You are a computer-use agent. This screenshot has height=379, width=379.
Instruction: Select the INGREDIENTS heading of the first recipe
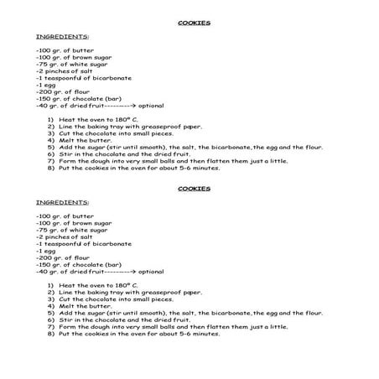[x=63, y=37]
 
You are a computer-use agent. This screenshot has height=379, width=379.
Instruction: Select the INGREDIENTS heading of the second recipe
[x=63, y=202]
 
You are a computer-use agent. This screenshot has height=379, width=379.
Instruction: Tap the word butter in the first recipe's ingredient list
[x=83, y=50]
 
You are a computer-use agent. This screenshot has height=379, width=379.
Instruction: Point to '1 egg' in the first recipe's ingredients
[x=45, y=85]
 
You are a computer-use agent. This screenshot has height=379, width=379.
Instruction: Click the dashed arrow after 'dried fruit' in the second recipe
[x=118, y=271]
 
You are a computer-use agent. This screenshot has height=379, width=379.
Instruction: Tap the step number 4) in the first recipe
[x=51, y=140]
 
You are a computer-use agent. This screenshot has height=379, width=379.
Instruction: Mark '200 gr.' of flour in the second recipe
[x=51, y=257]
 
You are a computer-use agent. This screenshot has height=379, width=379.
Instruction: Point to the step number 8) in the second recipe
[x=51, y=333]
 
